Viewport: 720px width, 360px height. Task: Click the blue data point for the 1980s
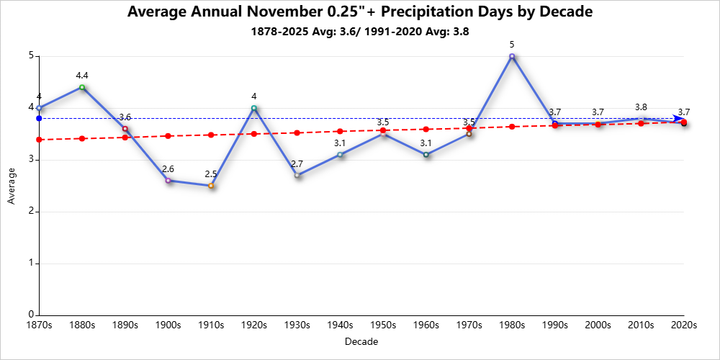(512, 56)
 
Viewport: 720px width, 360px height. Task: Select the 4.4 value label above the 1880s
(82, 75)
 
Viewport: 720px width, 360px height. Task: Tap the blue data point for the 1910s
(211, 186)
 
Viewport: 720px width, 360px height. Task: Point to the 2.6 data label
(168, 168)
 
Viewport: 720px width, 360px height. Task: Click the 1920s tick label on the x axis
(254, 325)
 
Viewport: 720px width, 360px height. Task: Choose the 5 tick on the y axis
(32, 55)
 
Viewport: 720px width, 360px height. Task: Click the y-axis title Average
(11, 186)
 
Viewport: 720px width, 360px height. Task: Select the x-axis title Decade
(361, 341)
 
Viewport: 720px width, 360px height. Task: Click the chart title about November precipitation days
(360, 12)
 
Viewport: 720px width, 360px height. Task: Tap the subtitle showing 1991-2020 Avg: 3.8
(360, 32)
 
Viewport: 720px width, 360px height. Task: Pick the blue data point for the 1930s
(297, 175)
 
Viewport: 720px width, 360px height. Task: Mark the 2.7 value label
(297, 163)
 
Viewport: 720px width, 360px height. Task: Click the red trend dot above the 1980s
(512, 127)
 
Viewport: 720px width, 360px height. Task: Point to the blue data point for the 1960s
(426, 155)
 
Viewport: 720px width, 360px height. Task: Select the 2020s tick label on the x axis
(684, 325)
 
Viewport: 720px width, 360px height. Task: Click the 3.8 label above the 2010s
(641, 107)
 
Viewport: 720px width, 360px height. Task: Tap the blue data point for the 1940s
(340, 155)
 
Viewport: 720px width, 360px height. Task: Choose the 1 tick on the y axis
(32, 263)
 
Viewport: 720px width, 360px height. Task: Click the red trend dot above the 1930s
(297, 132)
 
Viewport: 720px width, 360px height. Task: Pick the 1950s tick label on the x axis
(383, 325)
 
